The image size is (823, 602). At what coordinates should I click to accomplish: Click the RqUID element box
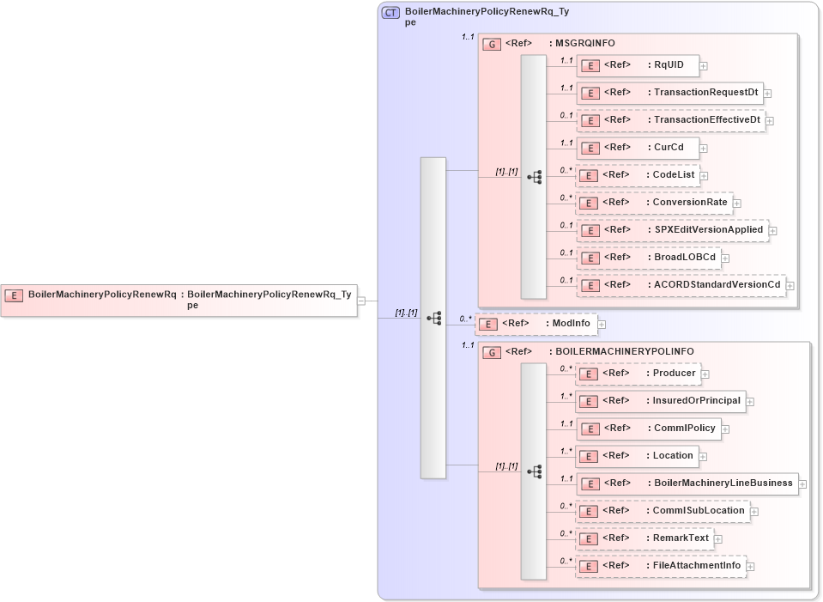(x=637, y=64)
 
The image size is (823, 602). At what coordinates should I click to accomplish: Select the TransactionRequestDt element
(x=669, y=93)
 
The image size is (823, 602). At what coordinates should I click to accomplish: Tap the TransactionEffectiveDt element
(x=671, y=120)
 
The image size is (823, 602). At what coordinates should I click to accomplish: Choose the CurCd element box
(x=637, y=148)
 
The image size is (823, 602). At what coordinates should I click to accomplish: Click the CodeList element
(x=638, y=175)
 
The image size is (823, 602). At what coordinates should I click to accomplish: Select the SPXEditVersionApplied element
(x=672, y=230)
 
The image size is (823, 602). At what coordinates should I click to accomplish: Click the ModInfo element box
(x=536, y=324)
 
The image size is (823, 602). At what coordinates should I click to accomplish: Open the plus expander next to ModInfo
(x=602, y=325)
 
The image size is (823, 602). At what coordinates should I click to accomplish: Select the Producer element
(x=638, y=374)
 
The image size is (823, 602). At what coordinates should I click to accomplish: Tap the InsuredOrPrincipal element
(x=659, y=401)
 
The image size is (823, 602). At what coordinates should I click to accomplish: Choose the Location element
(x=637, y=456)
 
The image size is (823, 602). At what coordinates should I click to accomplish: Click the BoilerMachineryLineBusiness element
(x=687, y=483)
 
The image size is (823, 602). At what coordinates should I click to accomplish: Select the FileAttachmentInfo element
(x=660, y=566)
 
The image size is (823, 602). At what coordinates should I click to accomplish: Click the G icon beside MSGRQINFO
(x=492, y=44)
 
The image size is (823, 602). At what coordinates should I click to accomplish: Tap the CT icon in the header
(x=390, y=12)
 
